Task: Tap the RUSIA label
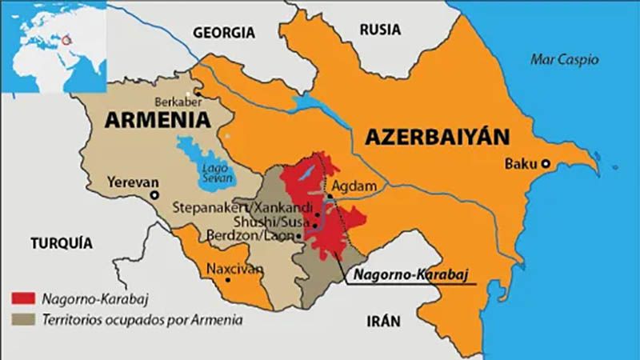pyautogui.click(x=380, y=30)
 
